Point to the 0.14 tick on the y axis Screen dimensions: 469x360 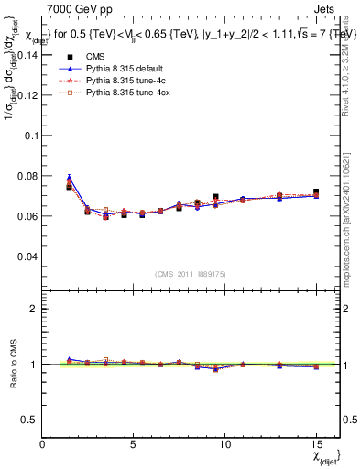pyautogui.click(x=27, y=54)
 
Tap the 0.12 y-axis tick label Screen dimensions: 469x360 pyautogui.click(x=27, y=94)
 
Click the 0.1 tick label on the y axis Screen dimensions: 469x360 pyautogui.click(x=30, y=135)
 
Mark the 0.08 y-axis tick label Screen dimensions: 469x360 pyautogui.click(x=27, y=176)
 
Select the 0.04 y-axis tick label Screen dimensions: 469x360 pyautogui.click(x=27, y=256)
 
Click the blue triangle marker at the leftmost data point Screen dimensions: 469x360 pyautogui.click(x=70, y=178)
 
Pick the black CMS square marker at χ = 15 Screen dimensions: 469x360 pyautogui.click(x=316, y=192)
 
